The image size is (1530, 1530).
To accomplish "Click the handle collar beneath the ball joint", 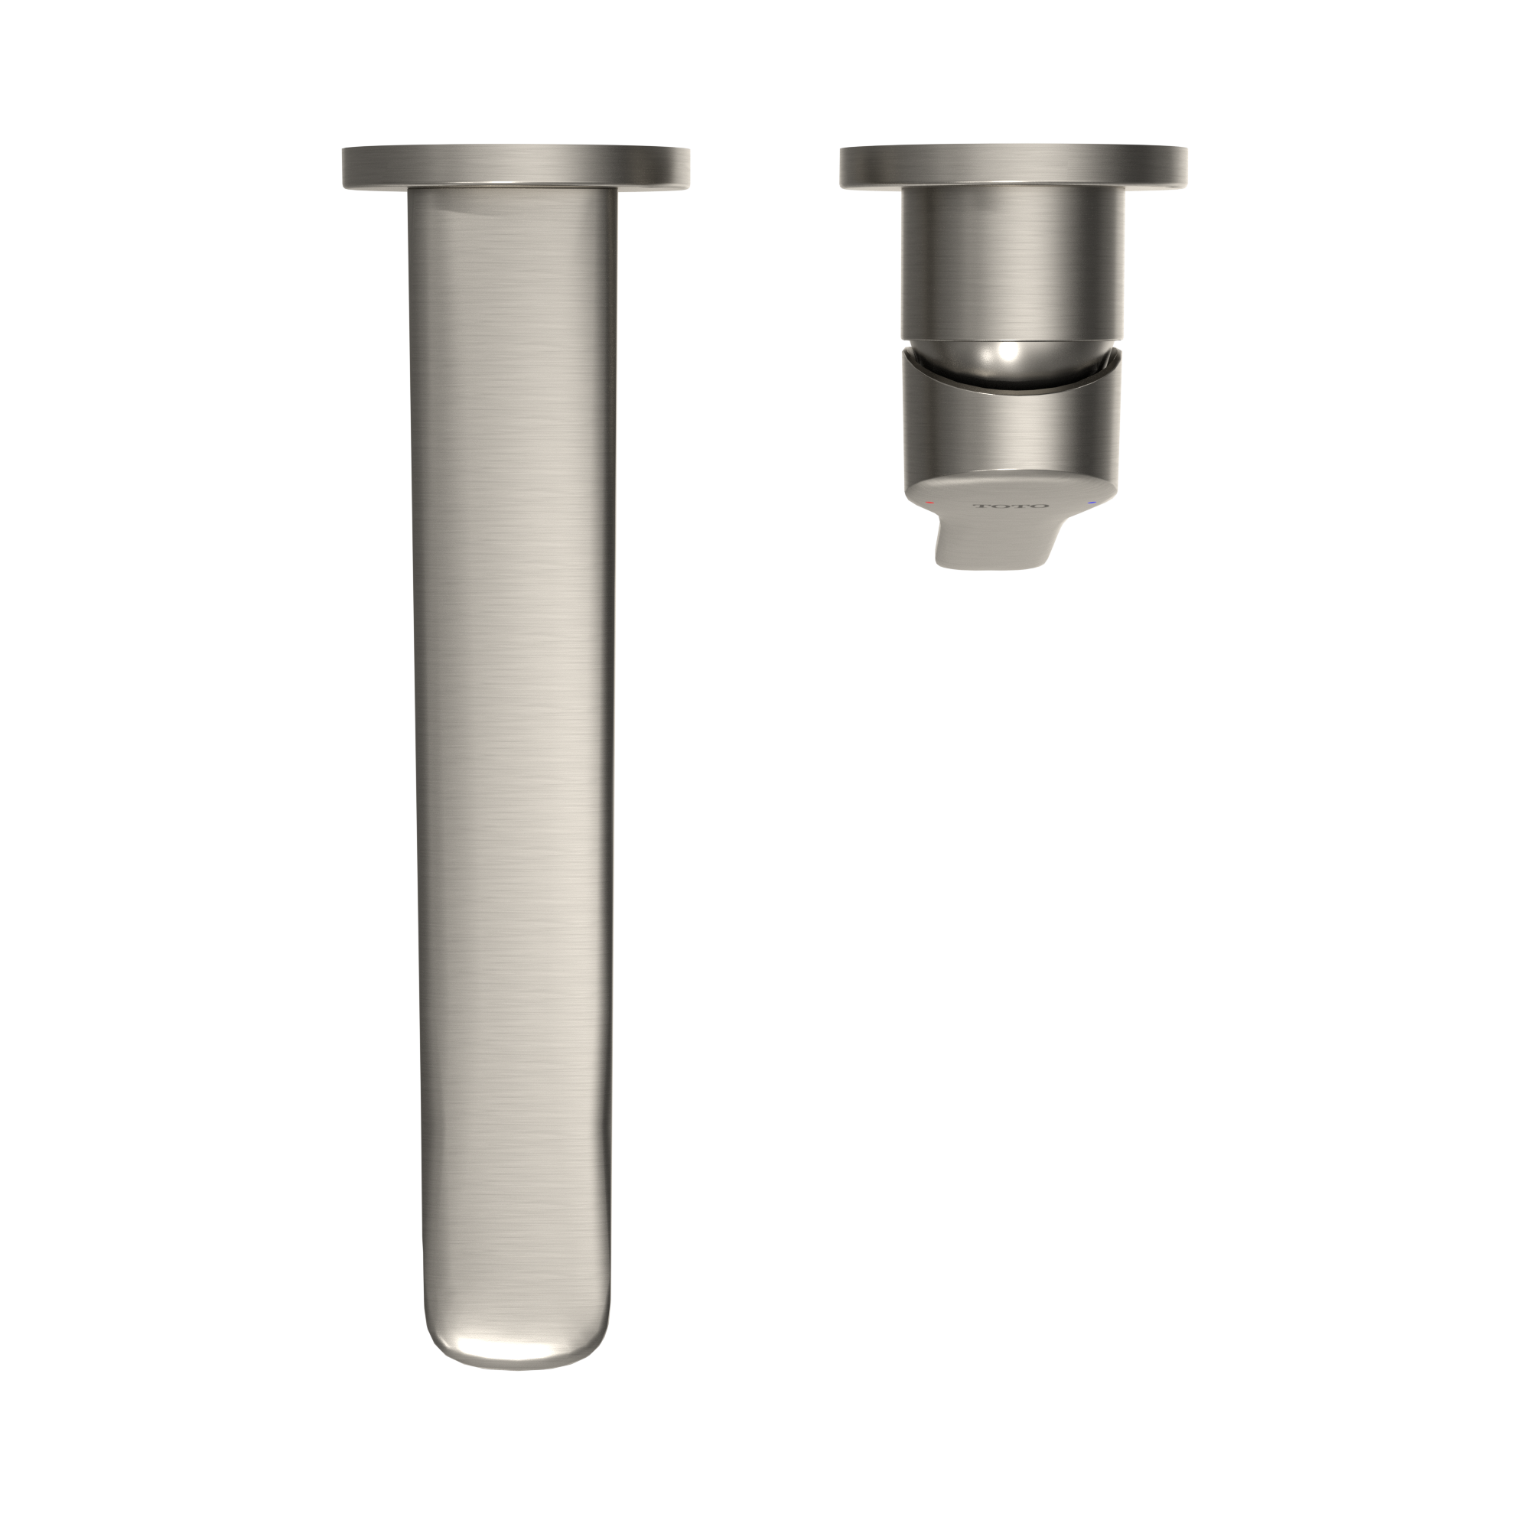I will pos(1012,428).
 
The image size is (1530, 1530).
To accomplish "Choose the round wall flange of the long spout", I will pos(516,166).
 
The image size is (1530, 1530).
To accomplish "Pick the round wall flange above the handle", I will pos(1014,166).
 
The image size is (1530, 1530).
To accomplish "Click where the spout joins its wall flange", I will pos(513,190).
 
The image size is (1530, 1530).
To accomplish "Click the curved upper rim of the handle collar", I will pos(1012,388).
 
